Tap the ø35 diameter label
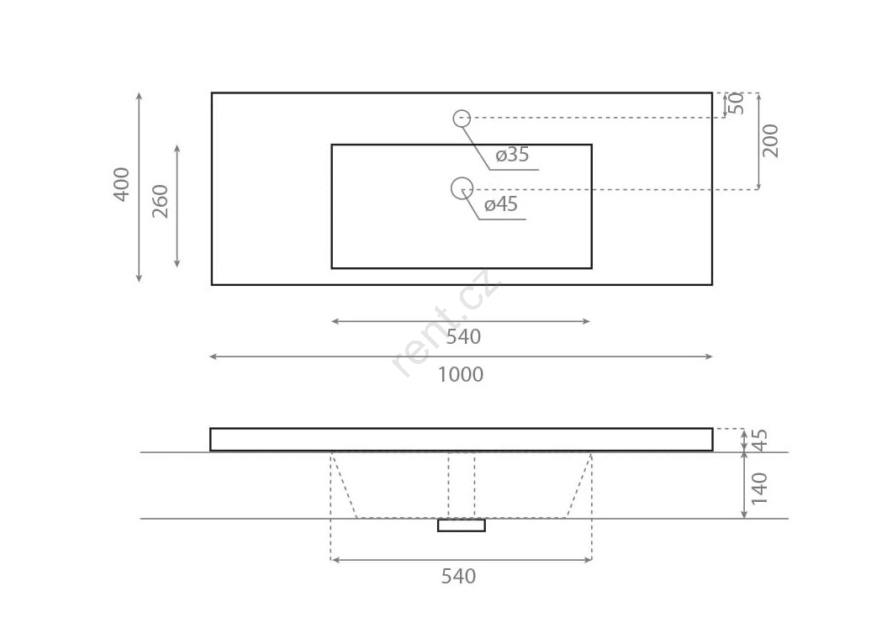click(512, 154)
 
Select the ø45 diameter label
click(501, 203)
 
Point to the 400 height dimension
click(122, 184)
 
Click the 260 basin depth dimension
click(161, 202)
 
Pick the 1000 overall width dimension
click(461, 374)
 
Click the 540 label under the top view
click(463, 337)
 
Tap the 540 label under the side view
click(458, 576)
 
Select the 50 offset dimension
click(736, 103)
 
